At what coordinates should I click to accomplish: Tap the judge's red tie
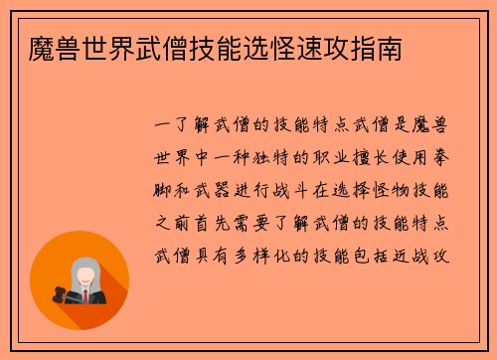(x=86, y=295)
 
